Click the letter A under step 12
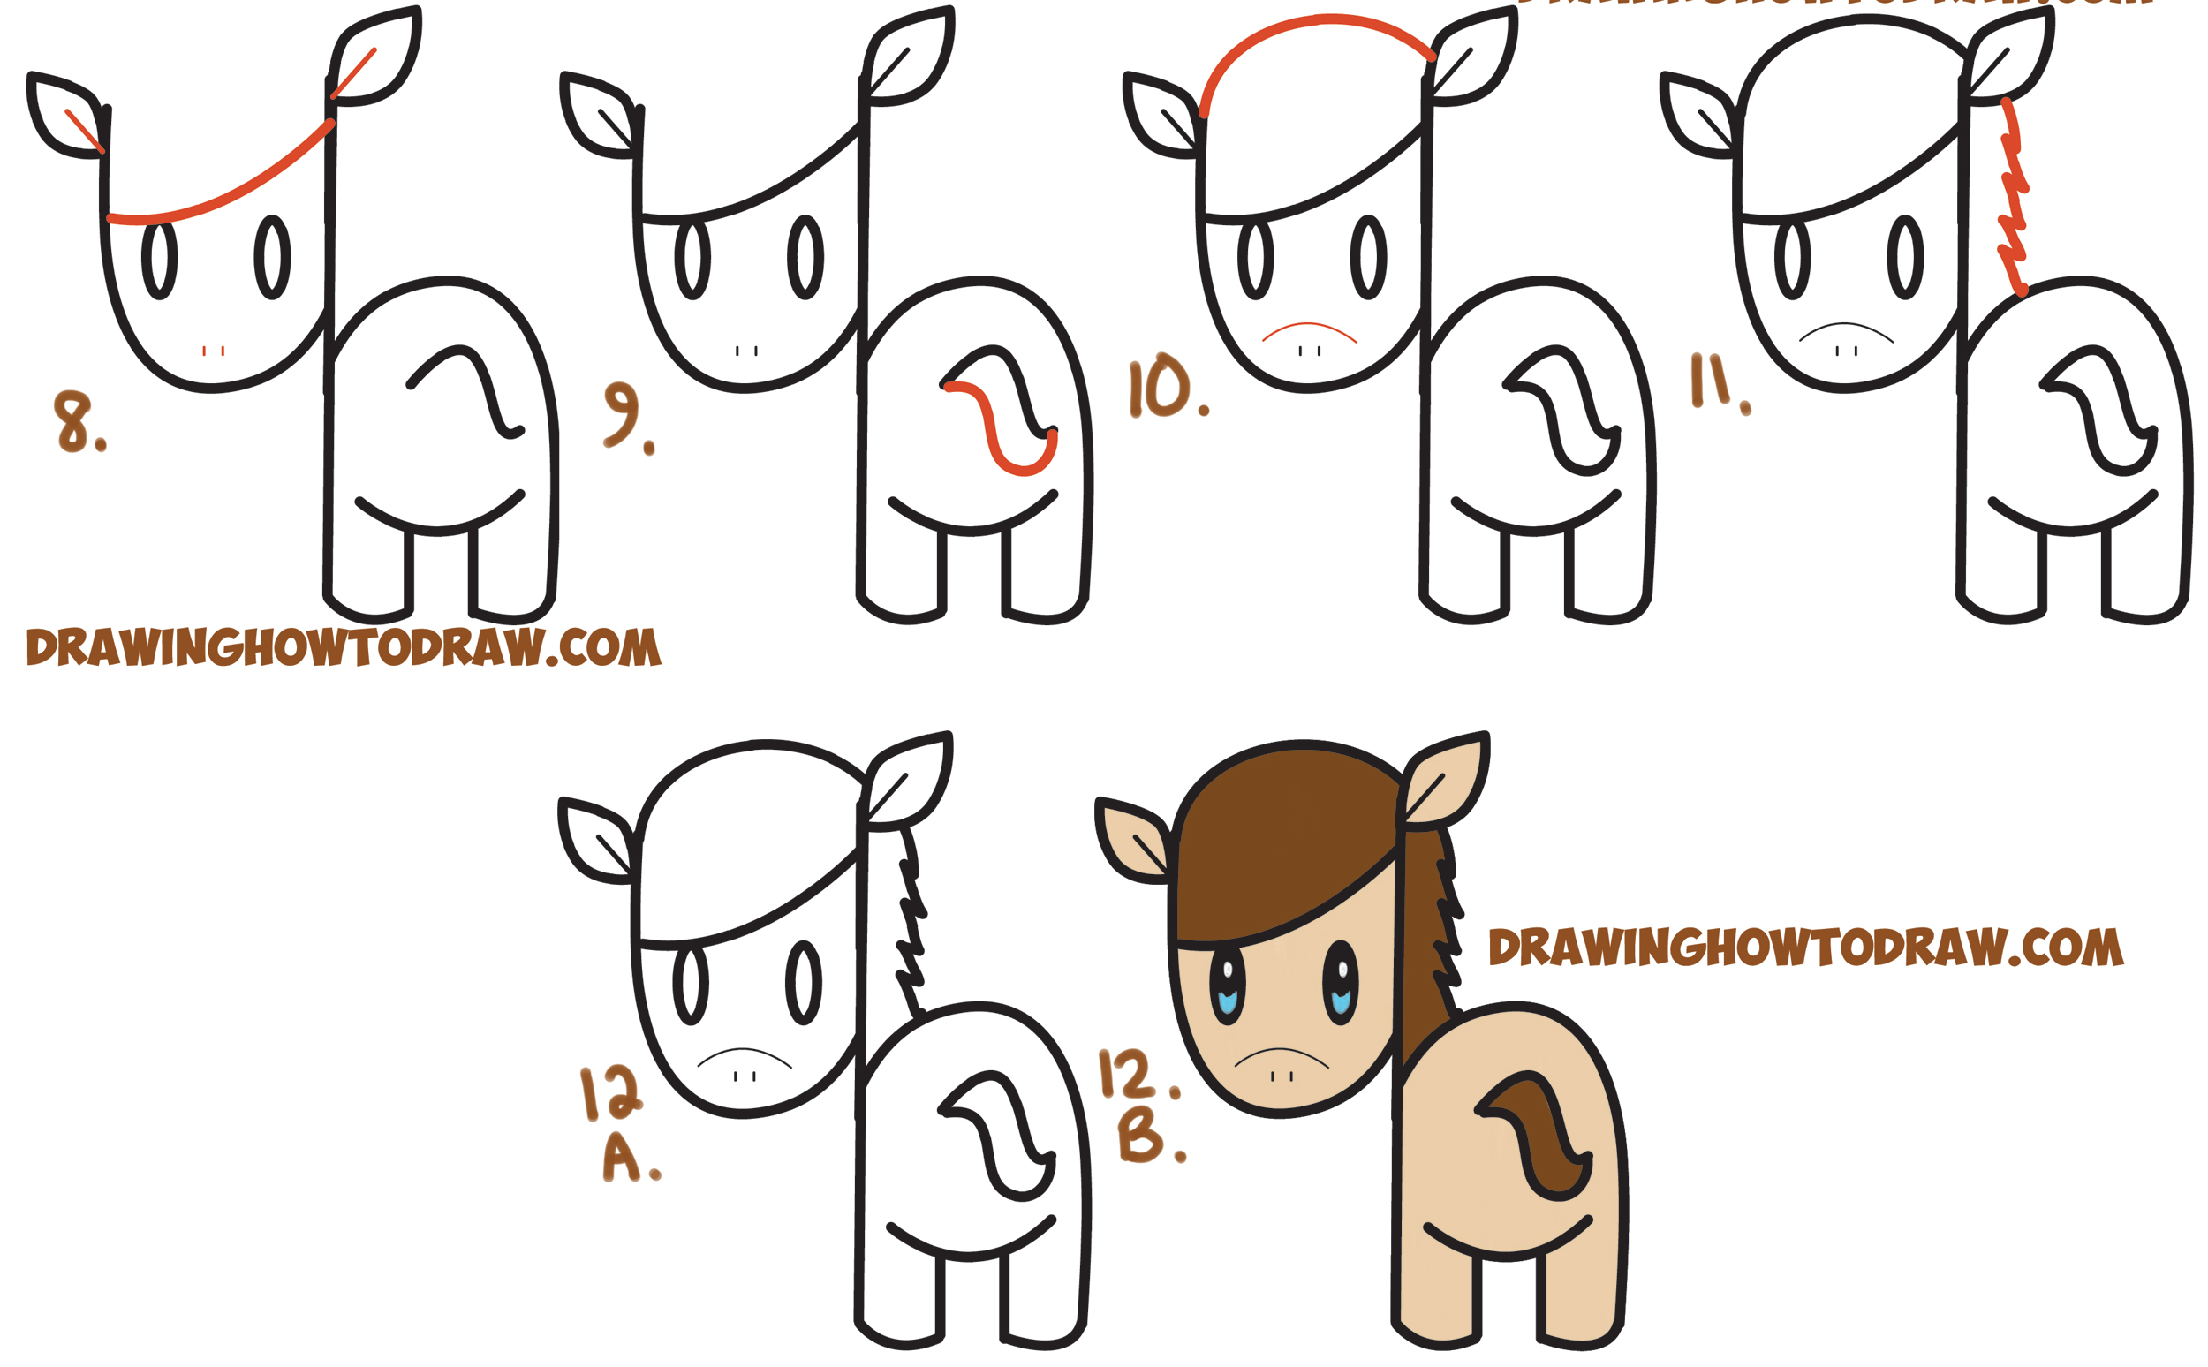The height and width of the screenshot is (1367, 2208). pyautogui.click(x=623, y=1159)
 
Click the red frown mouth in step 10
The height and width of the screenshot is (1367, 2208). pyautogui.click(x=1308, y=329)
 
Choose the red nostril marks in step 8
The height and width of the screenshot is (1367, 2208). pyautogui.click(x=214, y=351)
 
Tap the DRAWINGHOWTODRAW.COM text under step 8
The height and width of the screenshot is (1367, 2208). pyautogui.click(x=344, y=647)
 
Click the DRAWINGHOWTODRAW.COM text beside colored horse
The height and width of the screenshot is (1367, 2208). pyautogui.click(x=1803, y=948)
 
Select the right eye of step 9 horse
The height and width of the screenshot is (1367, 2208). pyautogui.click(x=805, y=257)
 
